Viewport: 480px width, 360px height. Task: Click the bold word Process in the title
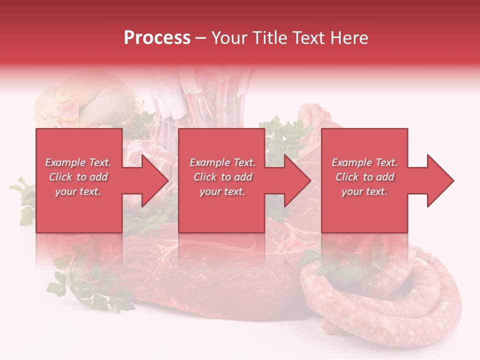tap(157, 38)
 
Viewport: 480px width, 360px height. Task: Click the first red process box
tap(79, 150)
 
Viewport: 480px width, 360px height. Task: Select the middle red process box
tap(221, 150)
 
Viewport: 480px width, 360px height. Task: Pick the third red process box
tap(364, 150)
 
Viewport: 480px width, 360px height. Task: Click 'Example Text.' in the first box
tap(78, 162)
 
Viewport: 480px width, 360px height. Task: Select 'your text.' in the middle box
tap(222, 191)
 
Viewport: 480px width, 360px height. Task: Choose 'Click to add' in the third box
tap(364, 177)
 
